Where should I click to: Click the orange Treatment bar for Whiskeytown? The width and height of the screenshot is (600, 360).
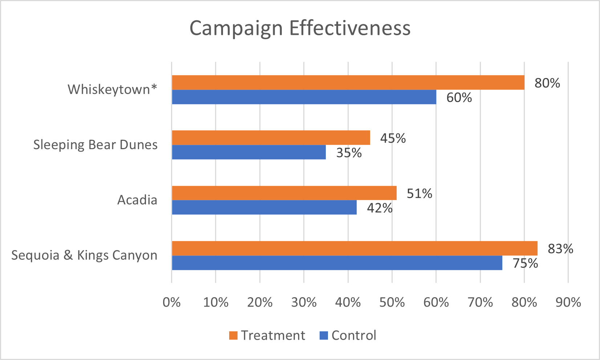(348, 82)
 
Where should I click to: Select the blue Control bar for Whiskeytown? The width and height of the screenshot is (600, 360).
(304, 97)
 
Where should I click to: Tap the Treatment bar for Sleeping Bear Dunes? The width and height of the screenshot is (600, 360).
(271, 138)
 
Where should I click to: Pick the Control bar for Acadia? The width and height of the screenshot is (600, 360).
(264, 208)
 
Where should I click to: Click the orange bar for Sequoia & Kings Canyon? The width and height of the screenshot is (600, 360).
(354, 248)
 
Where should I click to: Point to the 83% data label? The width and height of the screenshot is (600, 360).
(560, 249)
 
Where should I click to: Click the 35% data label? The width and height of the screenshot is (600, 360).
(349, 153)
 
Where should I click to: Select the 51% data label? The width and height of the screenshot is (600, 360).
(419, 193)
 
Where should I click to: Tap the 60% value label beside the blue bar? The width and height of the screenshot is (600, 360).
(459, 98)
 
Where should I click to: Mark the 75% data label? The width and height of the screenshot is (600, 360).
(525, 263)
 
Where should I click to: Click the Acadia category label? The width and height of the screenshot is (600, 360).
(137, 200)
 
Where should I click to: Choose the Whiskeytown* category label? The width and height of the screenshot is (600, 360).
(112, 89)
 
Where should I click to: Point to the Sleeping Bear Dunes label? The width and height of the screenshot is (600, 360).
(95, 145)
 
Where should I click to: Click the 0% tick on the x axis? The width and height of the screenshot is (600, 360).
(171, 302)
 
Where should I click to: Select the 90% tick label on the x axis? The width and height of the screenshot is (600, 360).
(568, 302)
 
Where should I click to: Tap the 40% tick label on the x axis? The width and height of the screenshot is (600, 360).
(348, 302)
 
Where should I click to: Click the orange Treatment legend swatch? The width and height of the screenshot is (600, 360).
(233, 335)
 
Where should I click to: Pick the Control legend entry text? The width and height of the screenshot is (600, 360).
(354, 335)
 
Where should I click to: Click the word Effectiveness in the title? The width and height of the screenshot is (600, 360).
(350, 28)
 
